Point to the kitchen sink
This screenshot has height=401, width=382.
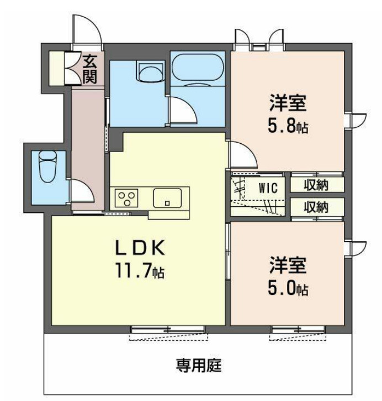tap(168, 197)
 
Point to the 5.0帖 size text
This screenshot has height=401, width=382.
tap(288, 288)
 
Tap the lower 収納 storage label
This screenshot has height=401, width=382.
tap(317, 207)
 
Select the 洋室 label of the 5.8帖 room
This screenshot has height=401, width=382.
tap(288, 103)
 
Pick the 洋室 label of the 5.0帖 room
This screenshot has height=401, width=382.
tap(288, 264)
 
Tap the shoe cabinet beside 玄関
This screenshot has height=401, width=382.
tap(57, 68)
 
